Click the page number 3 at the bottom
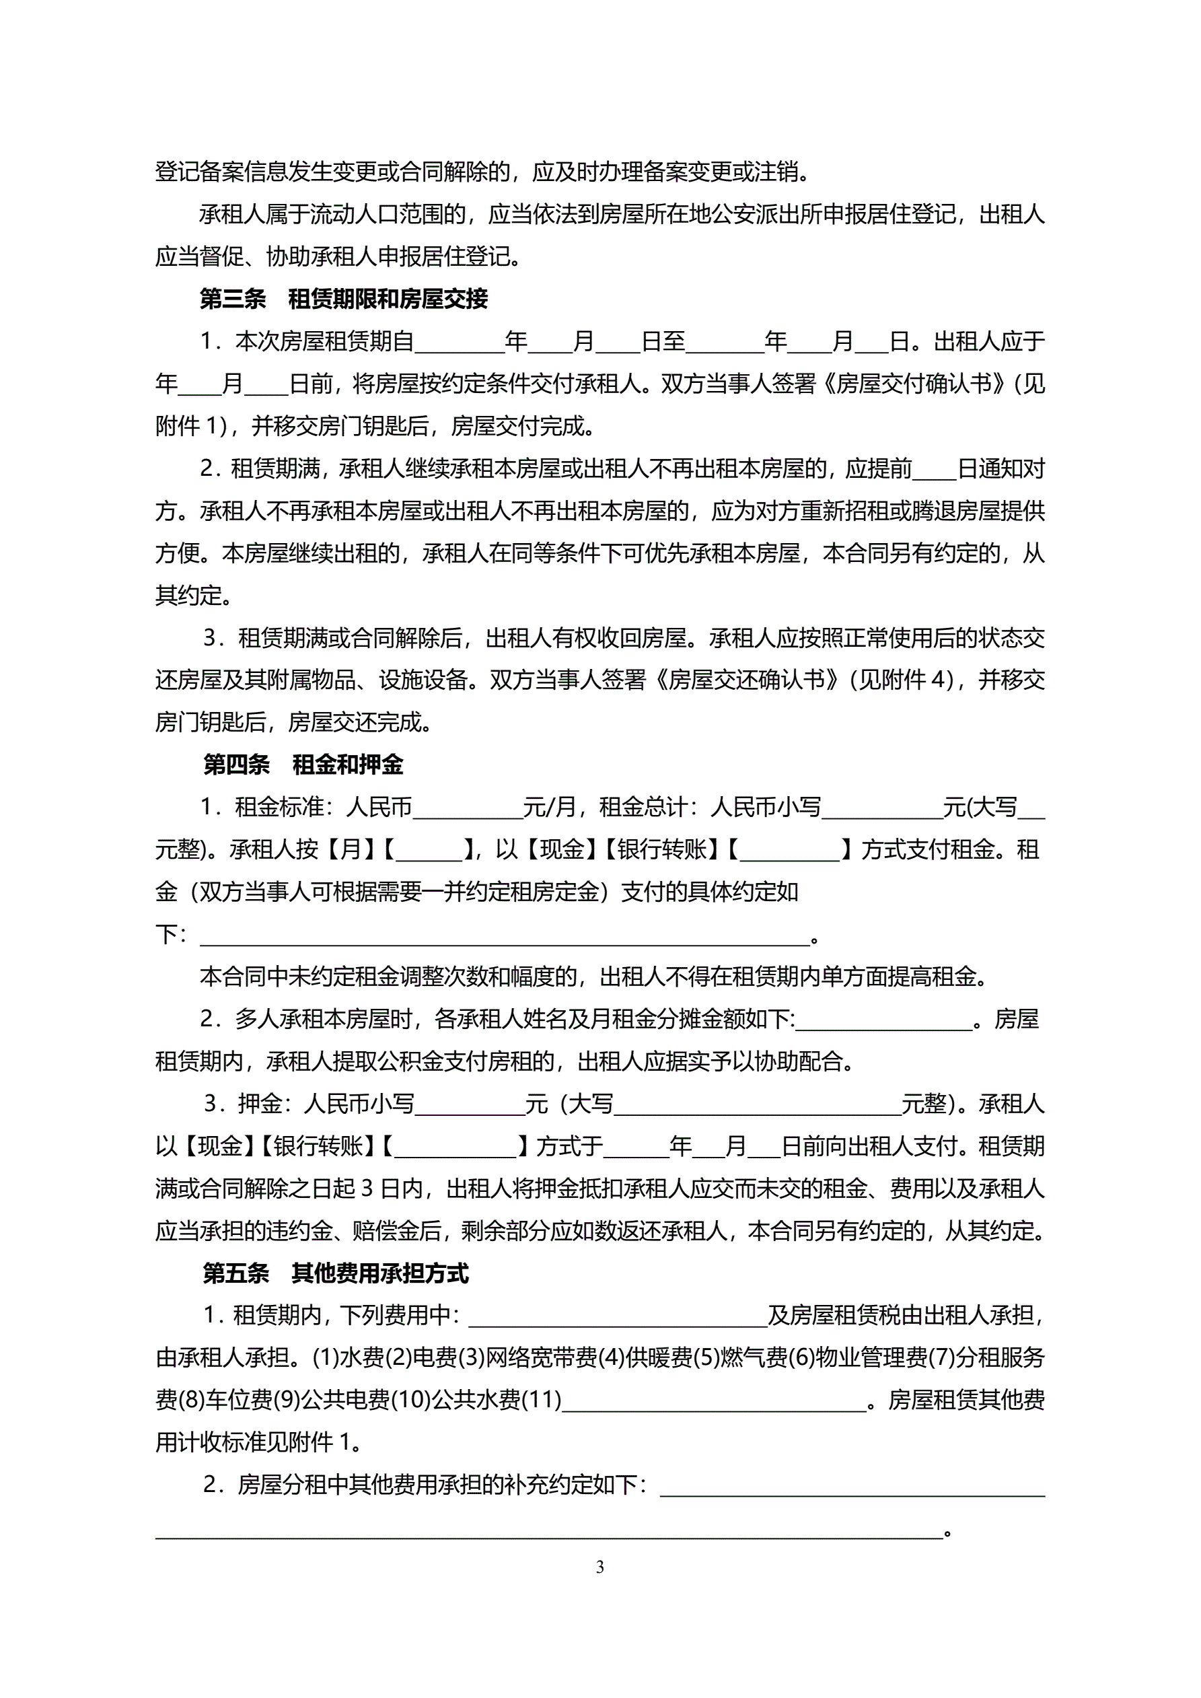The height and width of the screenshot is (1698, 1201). [x=599, y=1566]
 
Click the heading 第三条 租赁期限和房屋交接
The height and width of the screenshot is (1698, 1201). [x=344, y=299]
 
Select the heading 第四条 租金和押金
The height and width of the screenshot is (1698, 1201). [x=303, y=765]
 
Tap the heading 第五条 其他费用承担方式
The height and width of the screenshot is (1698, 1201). [x=336, y=1273]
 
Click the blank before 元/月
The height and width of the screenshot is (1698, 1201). [x=468, y=808]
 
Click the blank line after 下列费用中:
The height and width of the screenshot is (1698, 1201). [x=618, y=1316]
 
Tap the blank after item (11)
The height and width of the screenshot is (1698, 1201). [x=714, y=1400]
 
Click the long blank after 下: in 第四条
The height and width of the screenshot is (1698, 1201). [x=505, y=935]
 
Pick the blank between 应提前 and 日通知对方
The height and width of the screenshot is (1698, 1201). [x=934, y=470]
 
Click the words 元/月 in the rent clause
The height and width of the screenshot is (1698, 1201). [x=549, y=808]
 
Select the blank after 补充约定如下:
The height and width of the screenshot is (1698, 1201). [x=852, y=1485]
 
